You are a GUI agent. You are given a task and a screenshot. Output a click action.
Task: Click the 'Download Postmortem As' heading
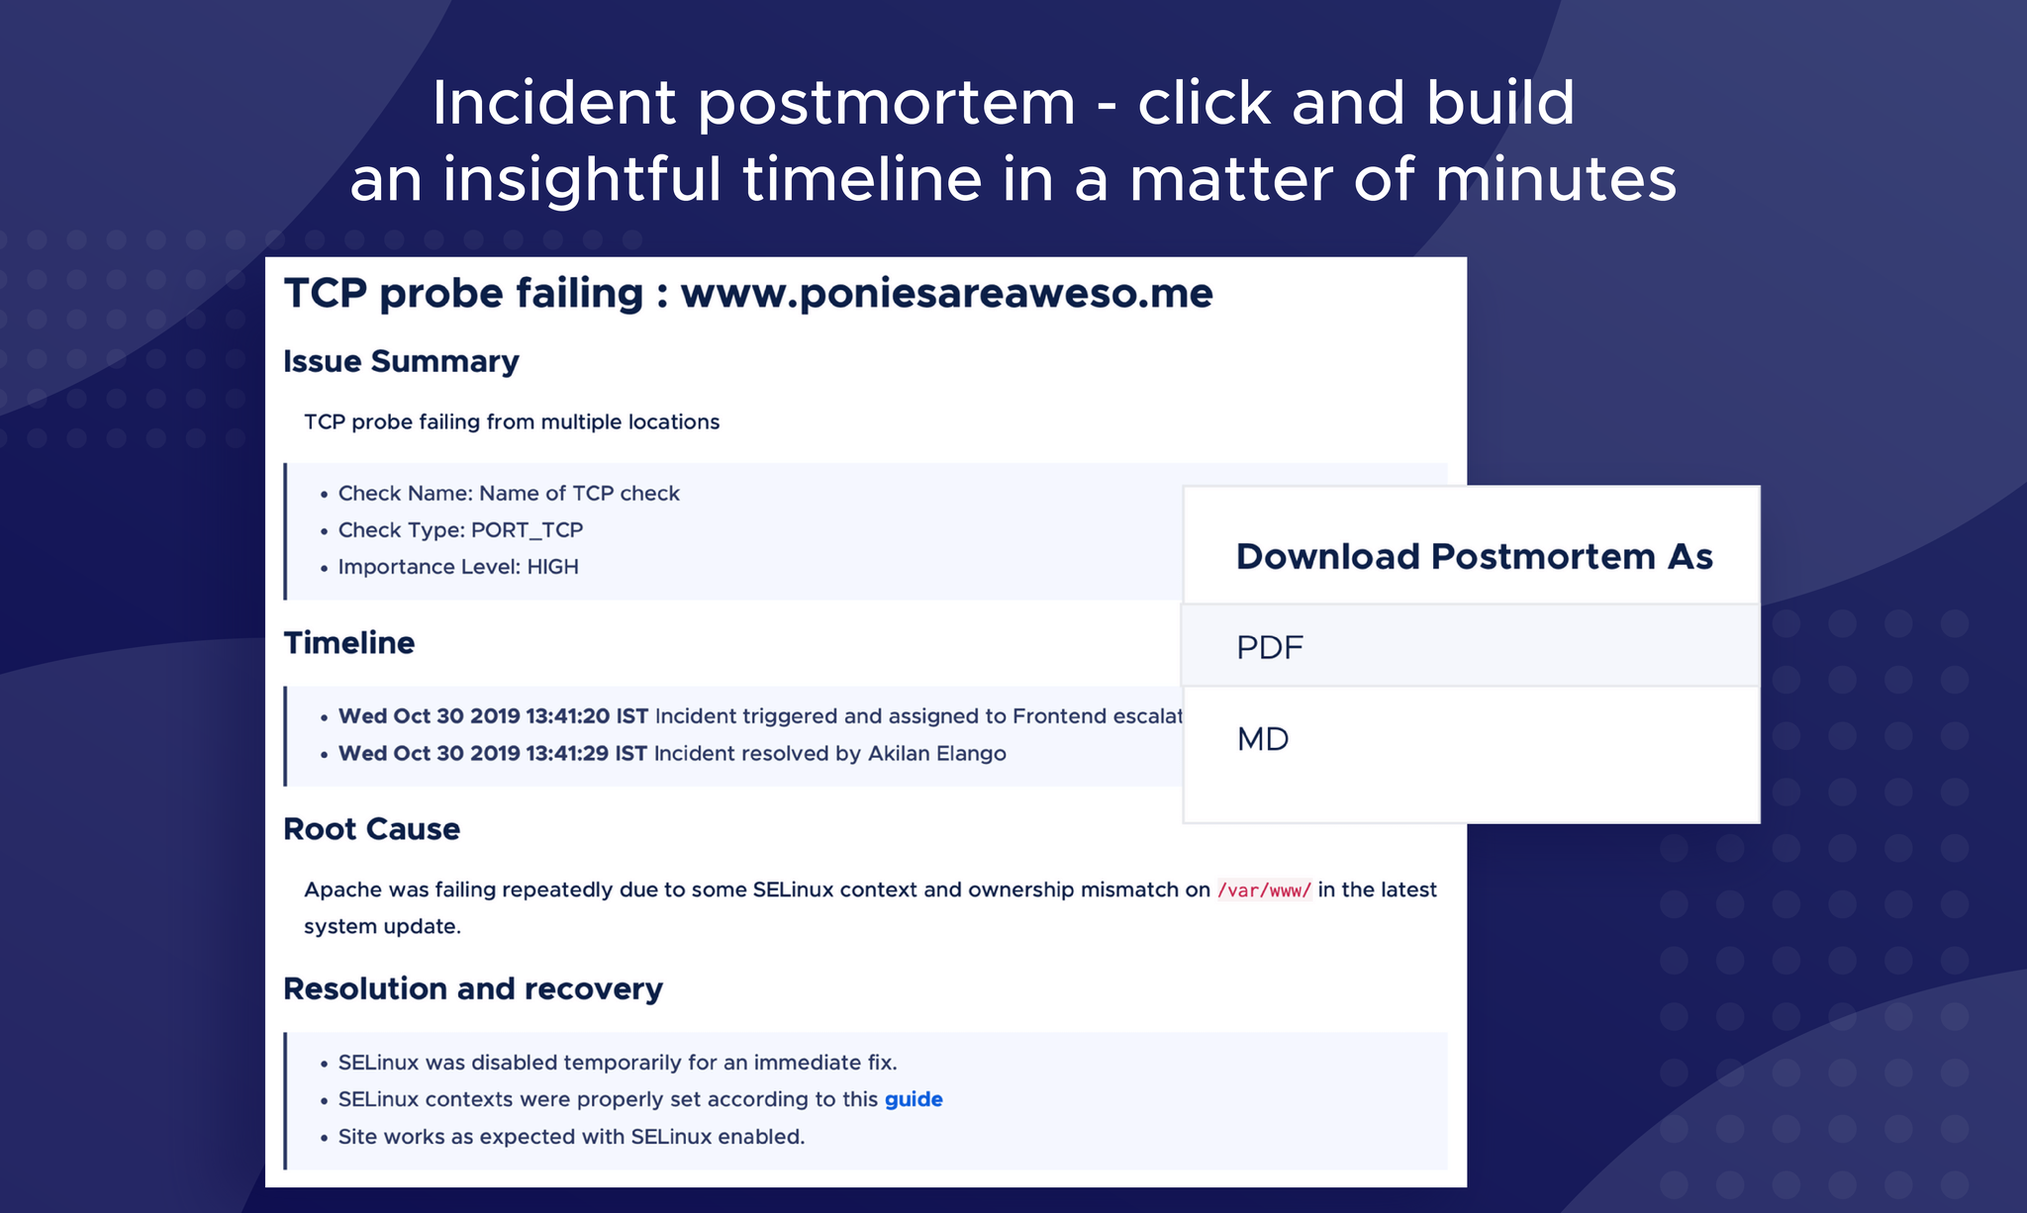(1474, 556)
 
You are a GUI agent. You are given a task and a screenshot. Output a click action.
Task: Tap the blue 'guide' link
(914, 1100)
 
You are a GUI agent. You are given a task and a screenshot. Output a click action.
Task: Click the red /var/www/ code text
(1265, 889)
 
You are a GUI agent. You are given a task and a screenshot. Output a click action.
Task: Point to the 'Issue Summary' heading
(401, 362)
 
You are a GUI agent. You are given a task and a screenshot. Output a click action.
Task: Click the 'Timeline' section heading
(348, 643)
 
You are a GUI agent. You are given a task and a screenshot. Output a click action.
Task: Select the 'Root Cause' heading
(371, 829)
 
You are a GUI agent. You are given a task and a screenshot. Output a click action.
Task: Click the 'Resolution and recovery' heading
(473, 988)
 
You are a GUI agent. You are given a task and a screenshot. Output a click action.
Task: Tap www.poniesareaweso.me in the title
(946, 293)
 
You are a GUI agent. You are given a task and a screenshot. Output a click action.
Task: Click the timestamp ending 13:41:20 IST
(493, 716)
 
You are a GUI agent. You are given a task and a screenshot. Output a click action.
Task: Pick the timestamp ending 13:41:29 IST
(493, 754)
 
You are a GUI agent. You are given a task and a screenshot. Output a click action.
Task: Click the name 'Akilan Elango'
(937, 754)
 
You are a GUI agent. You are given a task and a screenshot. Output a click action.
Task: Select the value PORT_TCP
(527, 530)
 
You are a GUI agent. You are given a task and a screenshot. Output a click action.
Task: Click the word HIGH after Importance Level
(552, 567)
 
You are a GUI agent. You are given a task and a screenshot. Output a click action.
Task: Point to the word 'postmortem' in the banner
(887, 104)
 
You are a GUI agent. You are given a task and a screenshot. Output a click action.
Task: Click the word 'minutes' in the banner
(1556, 179)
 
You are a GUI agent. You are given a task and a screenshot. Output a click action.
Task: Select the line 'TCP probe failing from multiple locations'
(512, 422)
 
